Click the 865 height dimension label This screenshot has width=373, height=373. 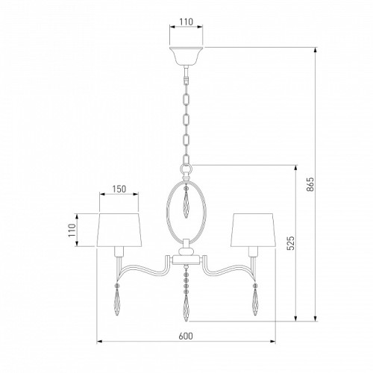[310, 184]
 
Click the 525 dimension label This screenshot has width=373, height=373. [291, 243]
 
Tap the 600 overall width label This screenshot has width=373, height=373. [186, 336]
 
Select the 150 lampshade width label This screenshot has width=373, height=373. [119, 189]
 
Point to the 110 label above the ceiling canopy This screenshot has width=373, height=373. [186, 22]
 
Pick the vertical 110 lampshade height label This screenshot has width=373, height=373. [72, 231]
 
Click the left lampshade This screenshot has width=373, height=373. [119, 230]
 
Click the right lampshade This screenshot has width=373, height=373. [253, 230]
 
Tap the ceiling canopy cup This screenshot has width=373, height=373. [186, 56]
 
